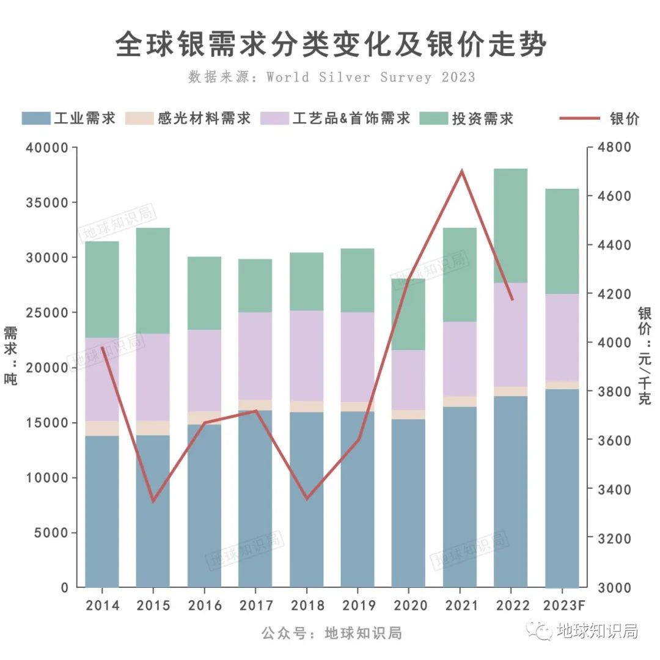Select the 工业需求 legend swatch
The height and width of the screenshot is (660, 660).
36,119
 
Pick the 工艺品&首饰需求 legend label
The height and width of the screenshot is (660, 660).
351,119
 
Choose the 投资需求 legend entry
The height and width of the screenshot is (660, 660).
482,119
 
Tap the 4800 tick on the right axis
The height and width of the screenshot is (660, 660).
614,148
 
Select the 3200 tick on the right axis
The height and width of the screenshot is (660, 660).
614,538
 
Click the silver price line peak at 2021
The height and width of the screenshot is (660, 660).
462,171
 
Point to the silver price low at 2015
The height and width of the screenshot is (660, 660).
153,501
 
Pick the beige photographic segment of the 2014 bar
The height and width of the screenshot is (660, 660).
102,428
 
